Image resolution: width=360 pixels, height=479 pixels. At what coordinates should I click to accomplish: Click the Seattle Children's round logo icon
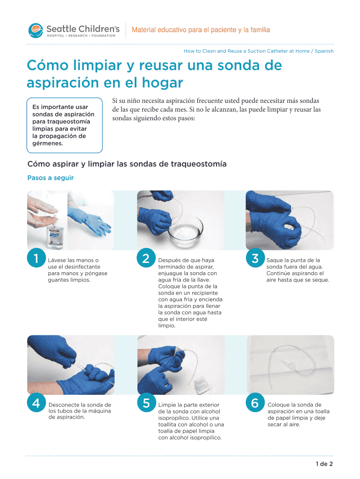[36, 30]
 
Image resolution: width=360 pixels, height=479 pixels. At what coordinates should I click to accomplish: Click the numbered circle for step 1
[36, 258]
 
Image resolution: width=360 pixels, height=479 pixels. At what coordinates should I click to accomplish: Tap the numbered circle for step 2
[146, 258]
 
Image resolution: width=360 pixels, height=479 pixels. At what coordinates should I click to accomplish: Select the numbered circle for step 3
[255, 258]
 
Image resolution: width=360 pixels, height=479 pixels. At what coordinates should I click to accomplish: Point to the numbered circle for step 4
[36, 403]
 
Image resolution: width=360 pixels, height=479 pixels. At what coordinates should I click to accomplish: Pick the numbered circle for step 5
[146, 403]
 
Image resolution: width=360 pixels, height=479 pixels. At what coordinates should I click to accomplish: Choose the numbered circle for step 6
[255, 403]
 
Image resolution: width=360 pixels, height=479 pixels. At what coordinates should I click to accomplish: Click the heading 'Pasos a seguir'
[50, 178]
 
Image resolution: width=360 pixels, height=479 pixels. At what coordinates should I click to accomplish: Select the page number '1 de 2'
[324, 464]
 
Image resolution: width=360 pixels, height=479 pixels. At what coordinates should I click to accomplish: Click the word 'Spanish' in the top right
[324, 51]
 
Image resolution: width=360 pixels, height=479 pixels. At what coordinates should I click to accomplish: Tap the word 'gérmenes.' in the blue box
[48, 143]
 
